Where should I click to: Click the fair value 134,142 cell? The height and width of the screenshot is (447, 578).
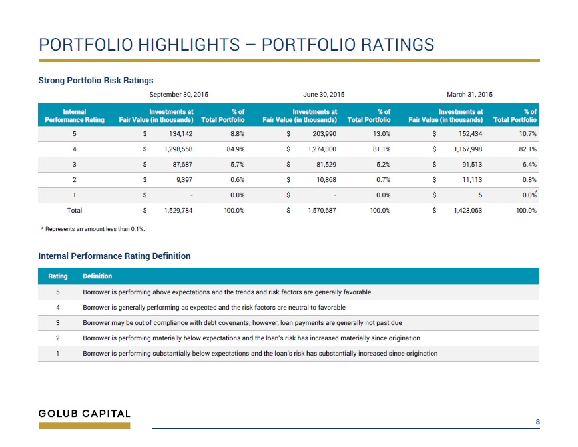point(180,133)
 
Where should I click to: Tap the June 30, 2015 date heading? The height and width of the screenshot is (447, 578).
point(324,95)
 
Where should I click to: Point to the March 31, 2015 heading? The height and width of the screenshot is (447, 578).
point(469,95)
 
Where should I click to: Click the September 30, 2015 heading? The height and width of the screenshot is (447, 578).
point(178,95)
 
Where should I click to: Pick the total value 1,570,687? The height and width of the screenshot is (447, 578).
point(322,211)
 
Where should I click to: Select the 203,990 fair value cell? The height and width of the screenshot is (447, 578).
point(324,133)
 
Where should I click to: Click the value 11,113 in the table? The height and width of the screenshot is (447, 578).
point(472,180)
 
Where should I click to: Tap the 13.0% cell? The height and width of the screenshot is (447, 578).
point(382,133)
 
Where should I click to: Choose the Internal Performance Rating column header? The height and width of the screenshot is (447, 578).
point(75,115)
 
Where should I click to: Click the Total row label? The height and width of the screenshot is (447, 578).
point(75,211)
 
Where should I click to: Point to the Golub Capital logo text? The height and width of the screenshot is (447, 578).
point(85,414)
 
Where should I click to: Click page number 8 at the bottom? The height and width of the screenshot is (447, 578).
point(538,422)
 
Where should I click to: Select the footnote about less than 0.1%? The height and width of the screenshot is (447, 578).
point(93,229)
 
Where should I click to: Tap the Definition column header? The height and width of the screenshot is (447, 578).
point(97,276)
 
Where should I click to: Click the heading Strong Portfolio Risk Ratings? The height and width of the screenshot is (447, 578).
point(96,81)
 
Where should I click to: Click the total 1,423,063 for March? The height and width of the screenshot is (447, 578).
point(467,211)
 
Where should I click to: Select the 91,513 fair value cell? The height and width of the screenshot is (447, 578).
point(472,164)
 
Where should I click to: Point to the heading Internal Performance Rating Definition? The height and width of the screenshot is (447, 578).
point(115,256)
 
